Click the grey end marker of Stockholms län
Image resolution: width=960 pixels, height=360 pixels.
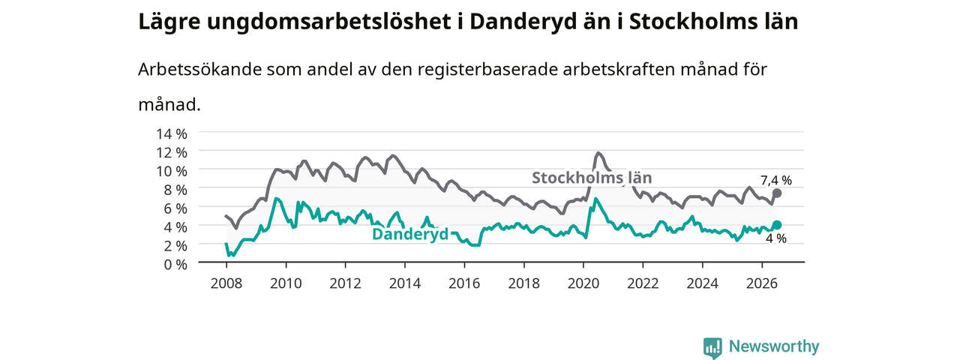coord(776,193)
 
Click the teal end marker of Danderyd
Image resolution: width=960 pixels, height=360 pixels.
coord(776,225)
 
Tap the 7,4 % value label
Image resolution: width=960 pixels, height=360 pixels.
coord(776,181)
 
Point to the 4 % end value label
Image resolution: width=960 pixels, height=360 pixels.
coord(776,238)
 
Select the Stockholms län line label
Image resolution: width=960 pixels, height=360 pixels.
coord(592,178)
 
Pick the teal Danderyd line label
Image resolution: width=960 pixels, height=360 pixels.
coord(410,234)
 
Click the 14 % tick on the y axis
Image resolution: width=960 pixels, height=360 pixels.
coord(172,133)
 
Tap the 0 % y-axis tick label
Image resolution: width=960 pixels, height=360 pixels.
coord(175,264)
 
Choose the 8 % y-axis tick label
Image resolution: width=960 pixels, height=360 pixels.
coord(175,190)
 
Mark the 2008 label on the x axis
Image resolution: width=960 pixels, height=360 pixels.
coord(226,283)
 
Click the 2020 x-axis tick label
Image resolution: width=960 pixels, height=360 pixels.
coord(583,283)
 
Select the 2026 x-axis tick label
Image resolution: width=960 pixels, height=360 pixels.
coord(761,283)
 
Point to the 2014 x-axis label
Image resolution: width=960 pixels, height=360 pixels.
coord(404,283)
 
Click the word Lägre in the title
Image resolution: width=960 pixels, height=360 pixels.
coord(169,22)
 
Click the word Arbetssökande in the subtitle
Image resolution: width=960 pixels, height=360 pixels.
coord(199,69)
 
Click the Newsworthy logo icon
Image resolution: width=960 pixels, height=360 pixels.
coord(712,347)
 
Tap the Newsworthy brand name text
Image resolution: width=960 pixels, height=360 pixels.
coord(774,346)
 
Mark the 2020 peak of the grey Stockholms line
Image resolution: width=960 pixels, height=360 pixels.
coord(598,152)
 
